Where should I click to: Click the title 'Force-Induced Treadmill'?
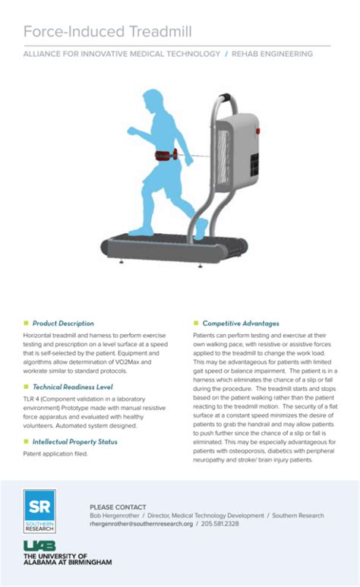(107, 31)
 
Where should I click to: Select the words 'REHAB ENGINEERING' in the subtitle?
(271, 55)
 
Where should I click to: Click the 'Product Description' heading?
(63, 323)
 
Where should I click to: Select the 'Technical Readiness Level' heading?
(73, 387)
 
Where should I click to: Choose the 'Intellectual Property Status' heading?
(74, 441)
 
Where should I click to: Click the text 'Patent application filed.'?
(55, 454)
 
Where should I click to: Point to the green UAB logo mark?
(36, 545)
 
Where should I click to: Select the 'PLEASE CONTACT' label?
(118, 507)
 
